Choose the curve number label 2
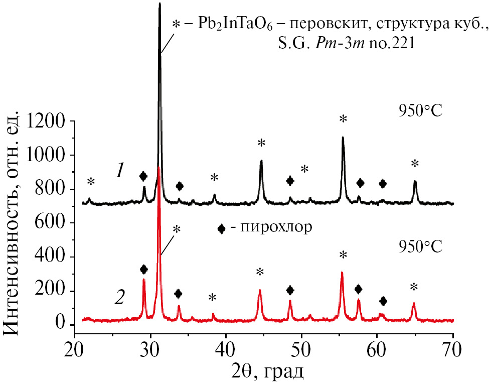point(119,298)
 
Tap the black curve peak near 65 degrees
point(415,181)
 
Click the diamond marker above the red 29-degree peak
point(144,270)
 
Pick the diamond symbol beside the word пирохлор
point(221,229)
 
